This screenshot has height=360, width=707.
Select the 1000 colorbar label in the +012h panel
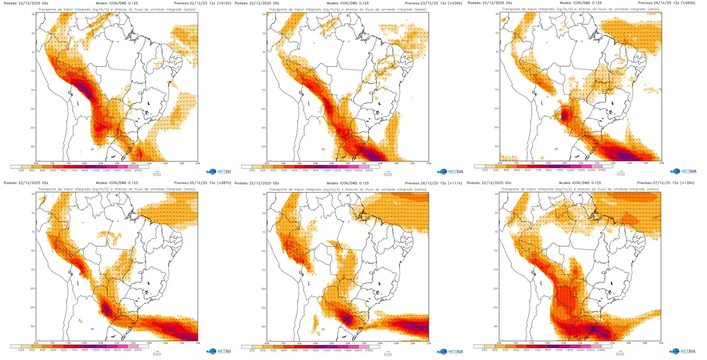point(95,170)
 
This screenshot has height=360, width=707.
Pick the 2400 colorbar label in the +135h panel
point(598,350)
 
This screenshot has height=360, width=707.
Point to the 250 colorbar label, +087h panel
point(21,350)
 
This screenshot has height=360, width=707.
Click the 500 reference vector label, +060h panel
point(621,174)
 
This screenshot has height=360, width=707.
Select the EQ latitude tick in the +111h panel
point(265,213)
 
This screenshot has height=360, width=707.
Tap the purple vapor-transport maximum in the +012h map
point(84,88)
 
